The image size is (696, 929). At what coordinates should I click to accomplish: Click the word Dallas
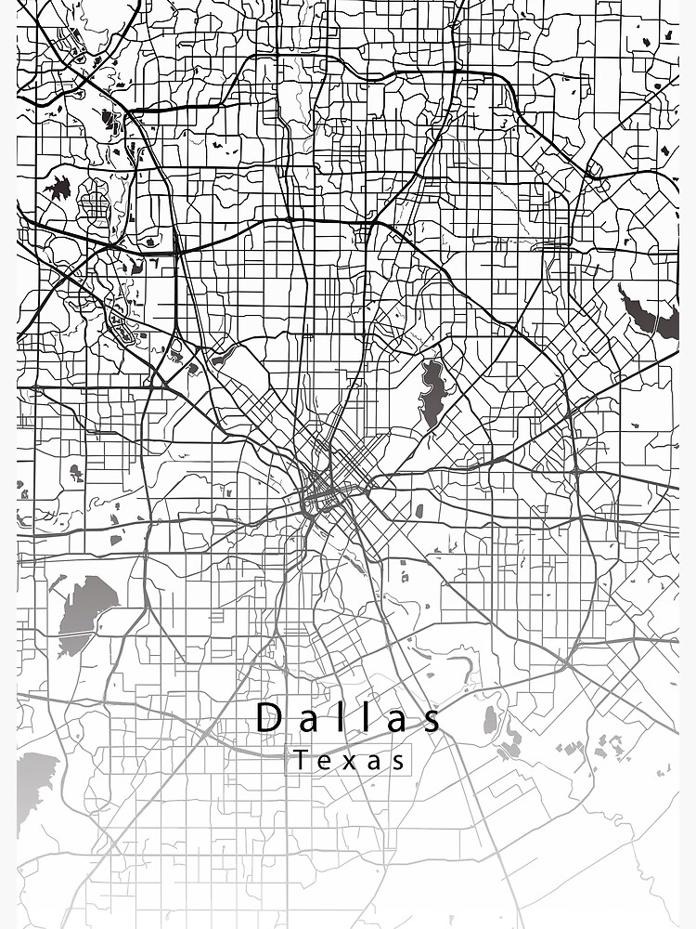click(348, 718)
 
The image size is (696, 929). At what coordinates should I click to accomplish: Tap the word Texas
click(351, 761)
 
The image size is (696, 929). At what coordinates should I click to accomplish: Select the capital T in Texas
click(302, 761)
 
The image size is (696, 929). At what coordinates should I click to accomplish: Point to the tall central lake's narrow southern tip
click(431, 425)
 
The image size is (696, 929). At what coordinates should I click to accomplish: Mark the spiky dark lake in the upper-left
click(58, 189)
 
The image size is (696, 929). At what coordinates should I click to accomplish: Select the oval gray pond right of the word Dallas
click(491, 719)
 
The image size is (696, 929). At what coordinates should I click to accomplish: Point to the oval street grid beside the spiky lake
click(93, 200)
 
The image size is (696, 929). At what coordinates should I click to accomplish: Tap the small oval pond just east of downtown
click(419, 510)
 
